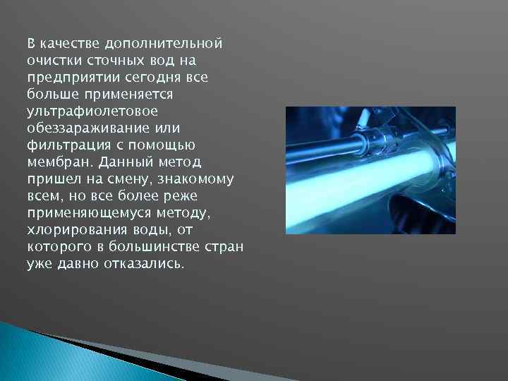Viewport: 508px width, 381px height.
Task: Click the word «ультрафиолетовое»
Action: (x=92, y=110)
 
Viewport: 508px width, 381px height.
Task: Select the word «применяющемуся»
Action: (x=85, y=212)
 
